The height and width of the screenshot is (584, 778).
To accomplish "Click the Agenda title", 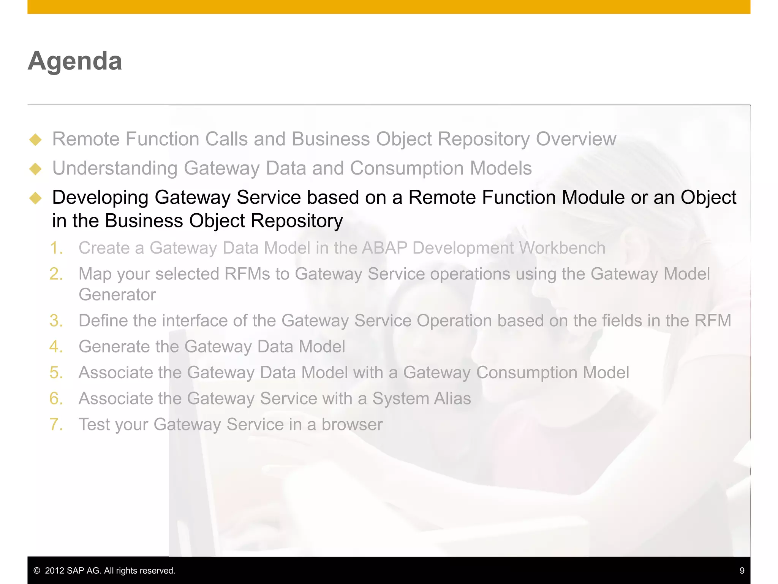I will tap(75, 61).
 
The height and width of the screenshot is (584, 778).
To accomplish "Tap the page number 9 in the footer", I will tap(742, 570).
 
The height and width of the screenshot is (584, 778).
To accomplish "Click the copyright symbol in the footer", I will tap(37, 571).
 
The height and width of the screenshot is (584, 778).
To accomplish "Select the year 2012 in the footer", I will tap(54, 571).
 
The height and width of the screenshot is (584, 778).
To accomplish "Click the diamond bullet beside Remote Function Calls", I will tap(35, 140).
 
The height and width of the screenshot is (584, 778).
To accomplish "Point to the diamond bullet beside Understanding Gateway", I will tap(35, 169).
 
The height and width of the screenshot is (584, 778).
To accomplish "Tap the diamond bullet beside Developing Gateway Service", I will tap(35, 198).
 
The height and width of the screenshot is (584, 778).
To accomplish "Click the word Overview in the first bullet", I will tap(576, 139).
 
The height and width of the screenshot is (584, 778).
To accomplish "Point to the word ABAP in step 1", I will tap(384, 248).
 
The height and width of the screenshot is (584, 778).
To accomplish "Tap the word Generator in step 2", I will tap(117, 295).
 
